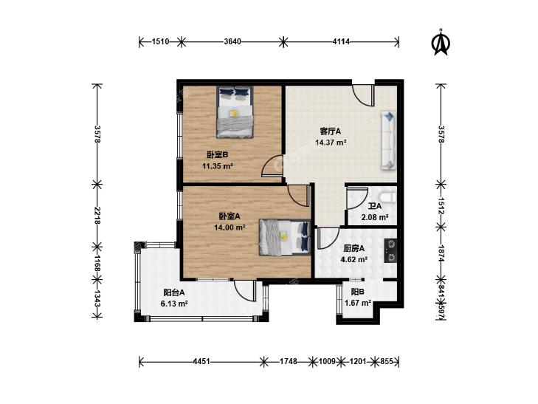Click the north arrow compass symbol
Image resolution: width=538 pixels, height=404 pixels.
click(441, 43)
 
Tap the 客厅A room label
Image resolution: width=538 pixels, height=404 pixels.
click(331, 131)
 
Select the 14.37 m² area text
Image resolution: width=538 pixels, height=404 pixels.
click(331, 143)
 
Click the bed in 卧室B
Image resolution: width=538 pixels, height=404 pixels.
click(235, 112)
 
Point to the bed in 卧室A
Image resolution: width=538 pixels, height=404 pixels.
click(285, 237)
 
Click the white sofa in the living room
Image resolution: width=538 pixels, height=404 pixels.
click(388, 140)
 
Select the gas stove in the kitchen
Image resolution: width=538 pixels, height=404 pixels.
click(390, 250)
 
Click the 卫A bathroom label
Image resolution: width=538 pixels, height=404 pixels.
click(375, 206)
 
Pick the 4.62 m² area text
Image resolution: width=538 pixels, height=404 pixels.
click(354, 259)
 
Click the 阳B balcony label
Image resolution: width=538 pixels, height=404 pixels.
click(357, 292)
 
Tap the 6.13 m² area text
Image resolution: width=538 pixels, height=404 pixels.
click(174, 304)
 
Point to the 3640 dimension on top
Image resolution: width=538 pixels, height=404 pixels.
click(232, 42)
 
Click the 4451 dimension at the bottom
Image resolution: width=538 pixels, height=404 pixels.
click(201, 361)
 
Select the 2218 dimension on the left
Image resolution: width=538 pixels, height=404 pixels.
click(97, 216)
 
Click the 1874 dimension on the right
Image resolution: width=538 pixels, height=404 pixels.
click(441, 253)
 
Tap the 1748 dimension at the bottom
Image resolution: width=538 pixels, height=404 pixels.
click(289, 361)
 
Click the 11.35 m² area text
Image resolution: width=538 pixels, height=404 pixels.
click(218, 166)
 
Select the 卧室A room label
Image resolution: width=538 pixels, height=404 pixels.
click(230, 216)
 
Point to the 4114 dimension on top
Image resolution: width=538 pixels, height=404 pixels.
click(341, 42)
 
